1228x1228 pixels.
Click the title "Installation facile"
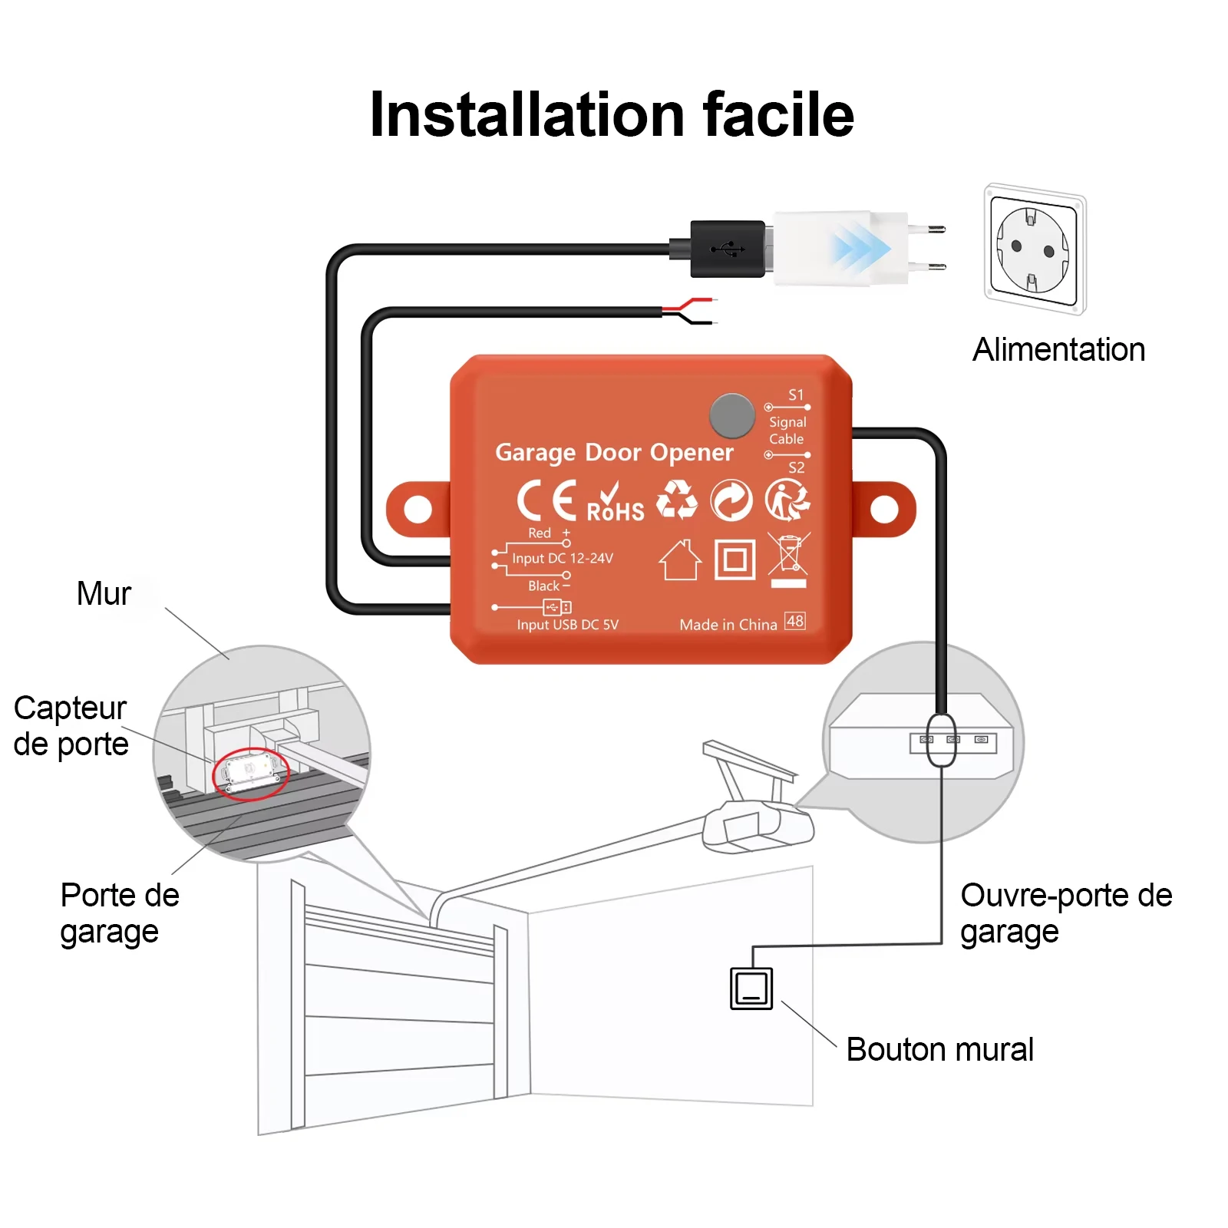point(612,115)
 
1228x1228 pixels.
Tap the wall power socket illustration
point(1035,249)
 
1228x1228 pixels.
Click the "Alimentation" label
point(1058,350)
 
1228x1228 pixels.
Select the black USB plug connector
point(728,249)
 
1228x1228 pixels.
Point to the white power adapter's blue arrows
point(860,249)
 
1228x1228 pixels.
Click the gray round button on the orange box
point(732,415)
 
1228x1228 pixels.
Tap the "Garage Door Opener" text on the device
point(614,453)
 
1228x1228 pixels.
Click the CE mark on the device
point(546,500)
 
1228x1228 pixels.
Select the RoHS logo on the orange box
point(615,504)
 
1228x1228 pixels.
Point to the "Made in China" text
point(728,625)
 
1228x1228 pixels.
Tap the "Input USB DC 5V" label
point(567,625)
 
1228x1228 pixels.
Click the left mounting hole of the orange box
point(418,509)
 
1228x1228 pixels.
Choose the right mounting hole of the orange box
point(884,509)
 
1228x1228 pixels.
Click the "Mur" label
point(104,593)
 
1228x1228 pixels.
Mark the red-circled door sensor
point(250,773)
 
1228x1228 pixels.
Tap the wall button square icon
point(751,989)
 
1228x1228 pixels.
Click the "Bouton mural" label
point(939,1049)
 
